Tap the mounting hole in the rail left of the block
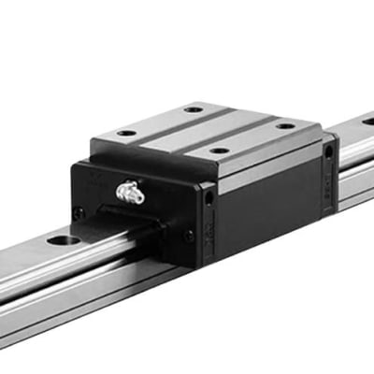point(69,240)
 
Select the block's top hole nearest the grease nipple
point(125,134)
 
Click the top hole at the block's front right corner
point(217,150)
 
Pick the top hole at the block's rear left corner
point(193,109)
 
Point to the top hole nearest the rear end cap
point(283,125)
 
